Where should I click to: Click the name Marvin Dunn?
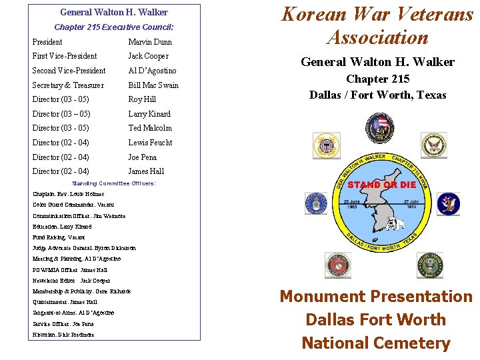click(x=149, y=42)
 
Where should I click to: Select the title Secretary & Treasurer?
click(x=68, y=85)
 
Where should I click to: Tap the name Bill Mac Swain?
click(x=153, y=85)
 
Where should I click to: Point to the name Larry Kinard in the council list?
click(x=149, y=114)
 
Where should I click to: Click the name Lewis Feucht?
click(x=150, y=143)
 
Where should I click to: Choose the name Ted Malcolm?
click(x=150, y=128)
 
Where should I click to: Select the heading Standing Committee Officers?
click(x=114, y=183)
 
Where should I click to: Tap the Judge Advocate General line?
click(x=84, y=248)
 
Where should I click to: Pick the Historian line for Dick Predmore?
click(x=63, y=335)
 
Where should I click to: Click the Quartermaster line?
click(x=65, y=302)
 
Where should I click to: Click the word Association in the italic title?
click(x=377, y=37)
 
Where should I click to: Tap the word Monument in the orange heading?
click(x=323, y=297)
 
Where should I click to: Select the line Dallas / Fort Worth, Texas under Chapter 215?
click(x=377, y=95)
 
